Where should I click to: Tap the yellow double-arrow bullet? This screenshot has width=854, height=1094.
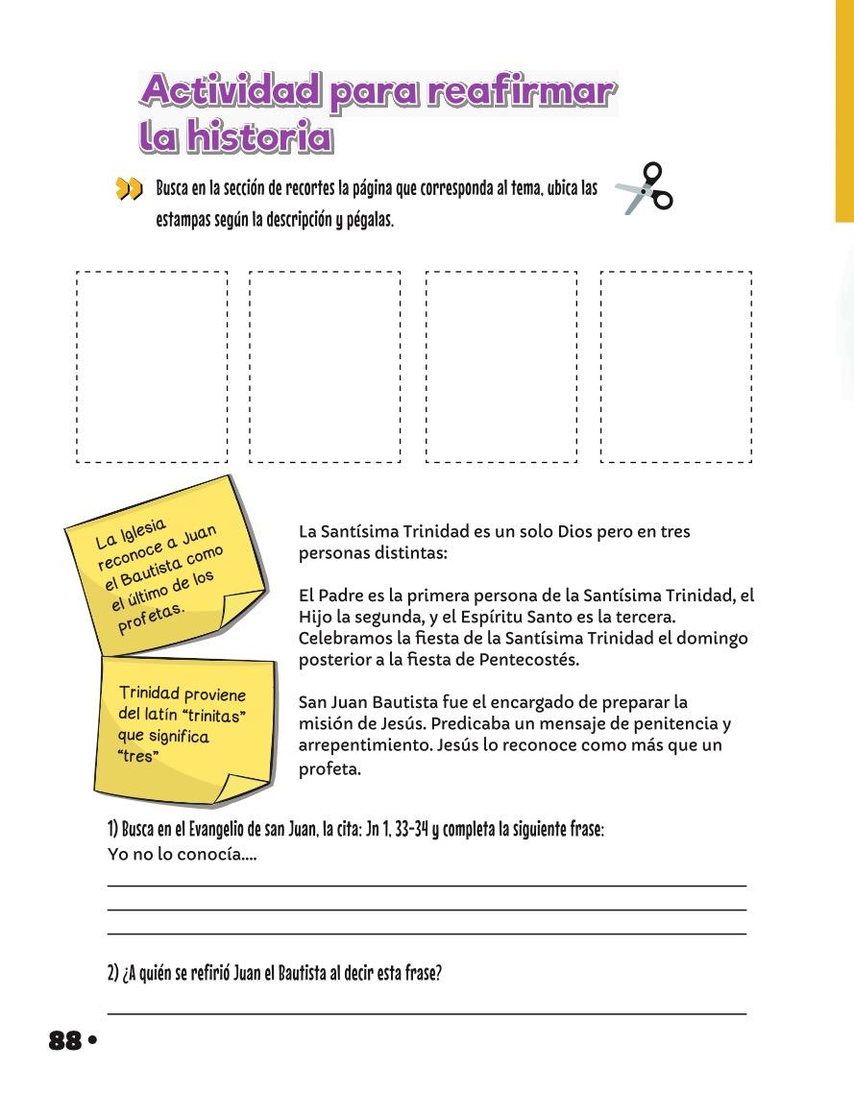(x=128, y=188)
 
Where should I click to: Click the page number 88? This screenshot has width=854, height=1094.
(x=64, y=1040)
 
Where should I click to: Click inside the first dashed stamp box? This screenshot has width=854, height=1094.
(x=152, y=366)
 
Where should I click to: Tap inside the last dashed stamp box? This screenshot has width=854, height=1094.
(x=676, y=366)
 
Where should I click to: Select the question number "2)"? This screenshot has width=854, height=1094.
(x=112, y=973)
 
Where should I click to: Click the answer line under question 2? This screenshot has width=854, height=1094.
(x=426, y=1013)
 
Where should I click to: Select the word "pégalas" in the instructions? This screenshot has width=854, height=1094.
(x=370, y=220)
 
